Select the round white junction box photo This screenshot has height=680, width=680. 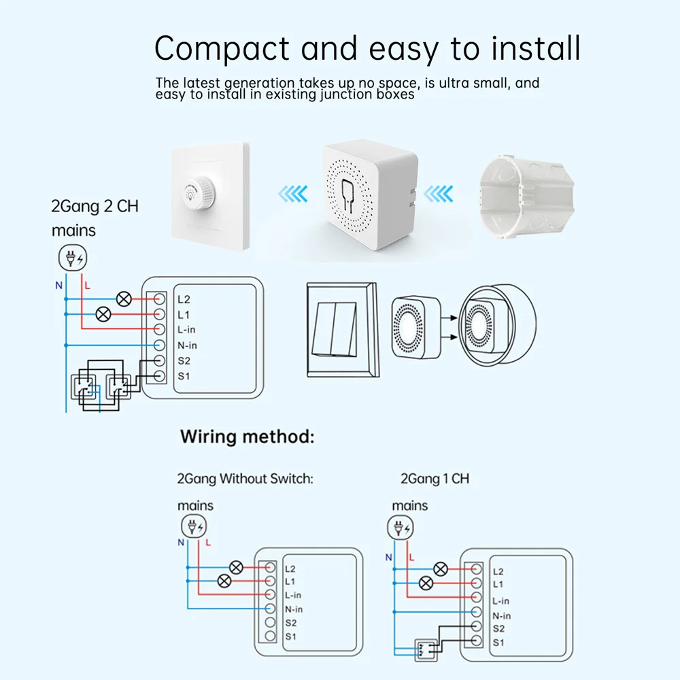pos(526,197)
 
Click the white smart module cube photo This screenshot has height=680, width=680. pos(369,194)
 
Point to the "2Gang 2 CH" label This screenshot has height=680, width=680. pos(95,206)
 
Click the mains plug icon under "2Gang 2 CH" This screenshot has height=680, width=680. pos(73,258)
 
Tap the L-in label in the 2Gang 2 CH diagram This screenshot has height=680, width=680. pos(186,330)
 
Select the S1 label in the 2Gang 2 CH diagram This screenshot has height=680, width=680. pos(184,376)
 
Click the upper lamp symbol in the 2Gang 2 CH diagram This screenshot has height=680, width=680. pos(124,299)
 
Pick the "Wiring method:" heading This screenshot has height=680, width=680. pos(248,437)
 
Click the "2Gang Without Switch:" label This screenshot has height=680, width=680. pos(245,478)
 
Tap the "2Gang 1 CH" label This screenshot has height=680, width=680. pos(435,478)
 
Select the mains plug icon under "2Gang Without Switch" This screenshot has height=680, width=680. pos(193,526)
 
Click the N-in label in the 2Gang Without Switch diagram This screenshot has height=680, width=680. pos(294,609)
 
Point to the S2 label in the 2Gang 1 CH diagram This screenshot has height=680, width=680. pos(498,628)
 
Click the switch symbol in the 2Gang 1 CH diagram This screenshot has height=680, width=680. pos(426,649)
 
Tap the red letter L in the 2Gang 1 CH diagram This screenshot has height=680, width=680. pos(411,558)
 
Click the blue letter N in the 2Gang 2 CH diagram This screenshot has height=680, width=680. pos(59,286)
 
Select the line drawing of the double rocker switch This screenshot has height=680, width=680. pos(343,330)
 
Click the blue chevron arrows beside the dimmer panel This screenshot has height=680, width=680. pos(293,193)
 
